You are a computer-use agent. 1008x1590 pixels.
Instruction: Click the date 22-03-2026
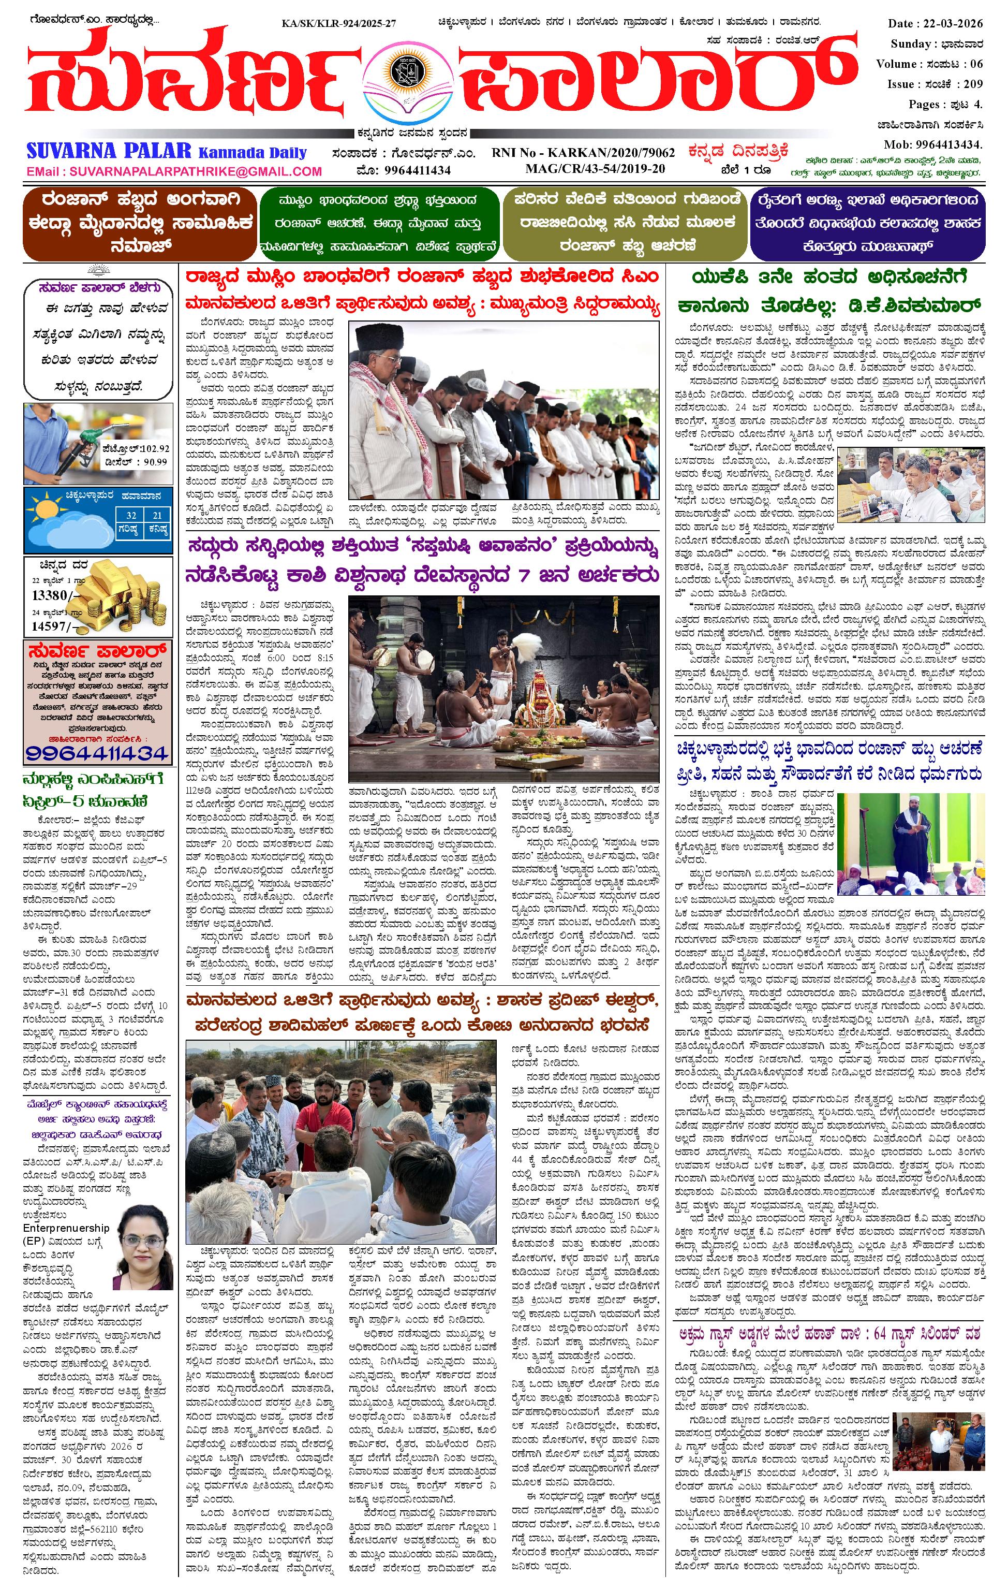953,24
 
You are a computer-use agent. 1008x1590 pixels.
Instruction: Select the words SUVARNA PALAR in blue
109,151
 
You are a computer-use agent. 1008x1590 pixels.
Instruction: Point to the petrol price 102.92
154,449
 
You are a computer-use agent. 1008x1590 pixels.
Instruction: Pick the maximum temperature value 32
131,515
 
